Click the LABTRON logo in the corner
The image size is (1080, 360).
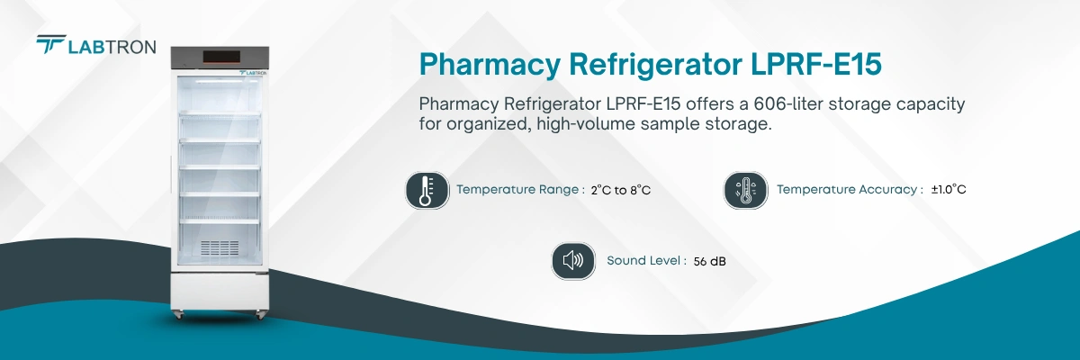[x=95, y=45]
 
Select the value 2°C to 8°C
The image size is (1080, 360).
[x=621, y=190]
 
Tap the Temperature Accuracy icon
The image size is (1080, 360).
[x=746, y=190]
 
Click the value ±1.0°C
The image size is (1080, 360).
[x=949, y=190]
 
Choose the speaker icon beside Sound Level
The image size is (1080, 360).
[x=573, y=261]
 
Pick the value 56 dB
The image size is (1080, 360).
[x=710, y=261]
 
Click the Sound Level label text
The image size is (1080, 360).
[x=645, y=261]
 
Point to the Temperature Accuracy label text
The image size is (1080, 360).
[x=850, y=190]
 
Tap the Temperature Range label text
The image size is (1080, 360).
[x=520, y=190]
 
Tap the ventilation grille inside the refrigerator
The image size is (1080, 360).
[x=220, y=247]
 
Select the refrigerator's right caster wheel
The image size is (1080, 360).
[x=261, y=315]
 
